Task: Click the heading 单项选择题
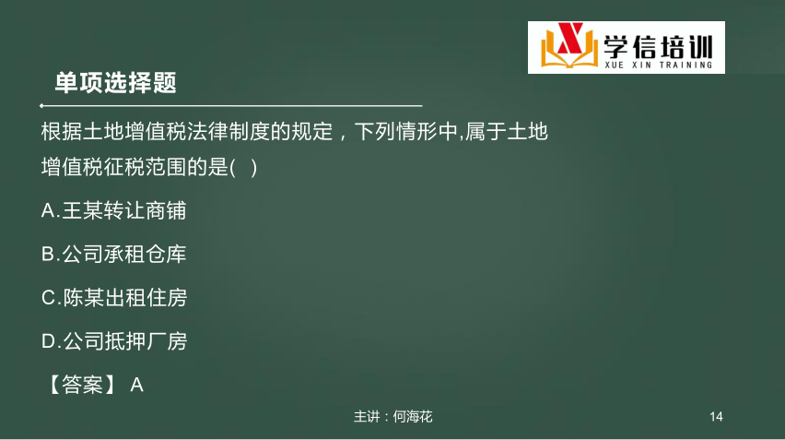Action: [x=116, y=83]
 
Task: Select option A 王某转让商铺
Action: [x=113, y=210]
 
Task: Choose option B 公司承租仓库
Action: [x=113, y=254]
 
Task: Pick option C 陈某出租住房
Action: [x=114, y=298]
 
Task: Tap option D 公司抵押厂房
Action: [x=114, y=341]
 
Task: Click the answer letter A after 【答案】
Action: [x=136, y=386]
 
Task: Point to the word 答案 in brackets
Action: [x=82, y=385]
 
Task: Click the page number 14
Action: [x=716, y=416]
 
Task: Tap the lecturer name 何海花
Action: [x=413, y=416]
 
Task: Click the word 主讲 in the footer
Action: [x=367, y=416]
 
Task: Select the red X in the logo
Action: [x=570, y=38]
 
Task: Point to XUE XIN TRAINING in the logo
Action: [x=659, y=65]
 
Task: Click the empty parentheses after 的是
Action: [x=244, y=167]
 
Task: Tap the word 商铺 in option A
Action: [x=166, y=210]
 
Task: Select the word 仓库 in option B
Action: [x=166, y=254]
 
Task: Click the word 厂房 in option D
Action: [x=167, y=341]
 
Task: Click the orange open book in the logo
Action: [x=569, y=50]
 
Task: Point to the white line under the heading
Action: [x=231, y=106]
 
